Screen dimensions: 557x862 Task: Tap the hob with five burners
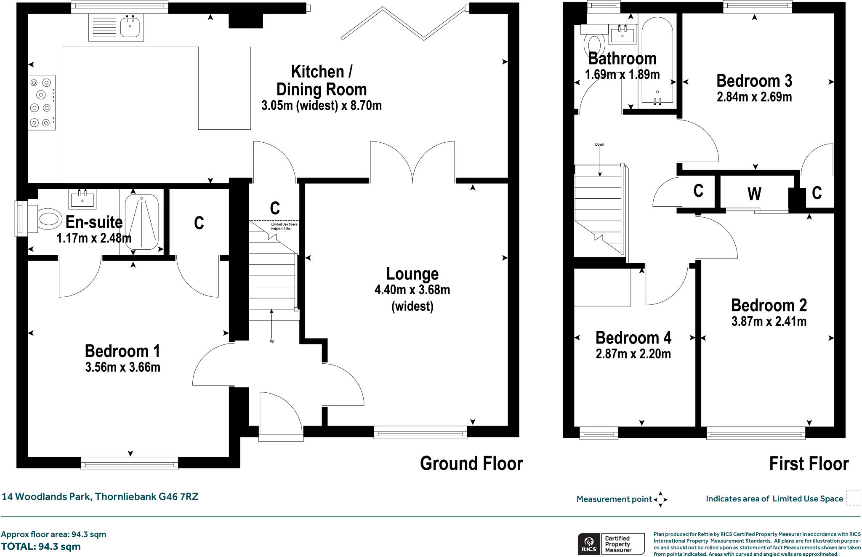tap(41, 102)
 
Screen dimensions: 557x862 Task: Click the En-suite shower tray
tap(141, 222)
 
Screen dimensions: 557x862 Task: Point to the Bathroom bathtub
tap(657, 59)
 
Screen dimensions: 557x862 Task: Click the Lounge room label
tap(412, 274)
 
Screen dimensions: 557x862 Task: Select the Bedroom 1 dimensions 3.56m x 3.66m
tap(122, 368)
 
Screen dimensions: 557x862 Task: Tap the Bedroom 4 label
tap(633, 338)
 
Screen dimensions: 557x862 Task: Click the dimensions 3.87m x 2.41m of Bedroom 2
tap(769, 322)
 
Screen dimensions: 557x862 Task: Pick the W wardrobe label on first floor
tap(754, 194)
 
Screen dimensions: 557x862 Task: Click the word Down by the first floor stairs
tap(599, 144)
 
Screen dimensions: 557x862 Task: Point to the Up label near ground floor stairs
tap(272, 341)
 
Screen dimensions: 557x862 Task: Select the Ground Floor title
tap(471, 464)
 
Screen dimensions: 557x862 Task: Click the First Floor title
tap(809, 464)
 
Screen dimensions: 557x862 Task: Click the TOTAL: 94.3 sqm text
tap(41, 547)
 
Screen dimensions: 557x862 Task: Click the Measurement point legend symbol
tap(660, 499)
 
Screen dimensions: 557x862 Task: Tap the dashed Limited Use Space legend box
tap(853, 498)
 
